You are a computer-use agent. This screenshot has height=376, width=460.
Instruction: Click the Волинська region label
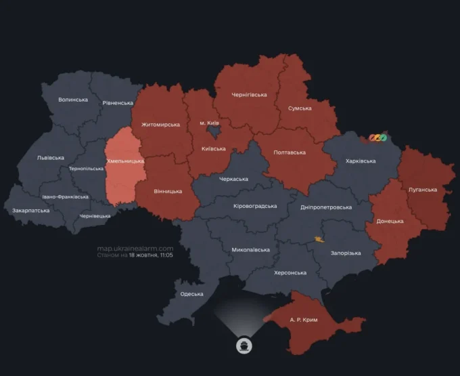pos(73,100)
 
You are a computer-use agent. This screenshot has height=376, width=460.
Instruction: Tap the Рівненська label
pos(118,103)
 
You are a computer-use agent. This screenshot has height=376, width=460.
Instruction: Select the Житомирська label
pos(160,125)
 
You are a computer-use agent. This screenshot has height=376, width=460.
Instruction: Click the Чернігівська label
pos(249,95)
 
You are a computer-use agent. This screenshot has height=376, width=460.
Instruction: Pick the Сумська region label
pos(300,108)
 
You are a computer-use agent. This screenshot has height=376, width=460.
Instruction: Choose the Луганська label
pos(423,190)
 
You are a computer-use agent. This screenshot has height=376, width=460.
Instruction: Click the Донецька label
pos(390,221)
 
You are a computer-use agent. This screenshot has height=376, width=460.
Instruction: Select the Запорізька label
pos(346,253)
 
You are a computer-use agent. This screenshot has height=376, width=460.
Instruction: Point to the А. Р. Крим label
pos(304,319)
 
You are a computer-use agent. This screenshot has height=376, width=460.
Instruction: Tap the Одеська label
pos(192,293)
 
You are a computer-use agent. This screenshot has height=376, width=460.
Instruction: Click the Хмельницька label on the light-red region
pos(125,161)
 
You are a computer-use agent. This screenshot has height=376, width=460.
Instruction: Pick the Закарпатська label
pos(31,211)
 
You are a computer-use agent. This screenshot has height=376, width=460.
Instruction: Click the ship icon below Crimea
pos(244,346)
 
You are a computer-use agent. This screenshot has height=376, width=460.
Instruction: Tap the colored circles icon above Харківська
pos(377,138)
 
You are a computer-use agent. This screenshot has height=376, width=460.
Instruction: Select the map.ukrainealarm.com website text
pos(135,249)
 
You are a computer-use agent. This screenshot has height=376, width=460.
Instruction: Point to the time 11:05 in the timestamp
pos(166,255)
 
